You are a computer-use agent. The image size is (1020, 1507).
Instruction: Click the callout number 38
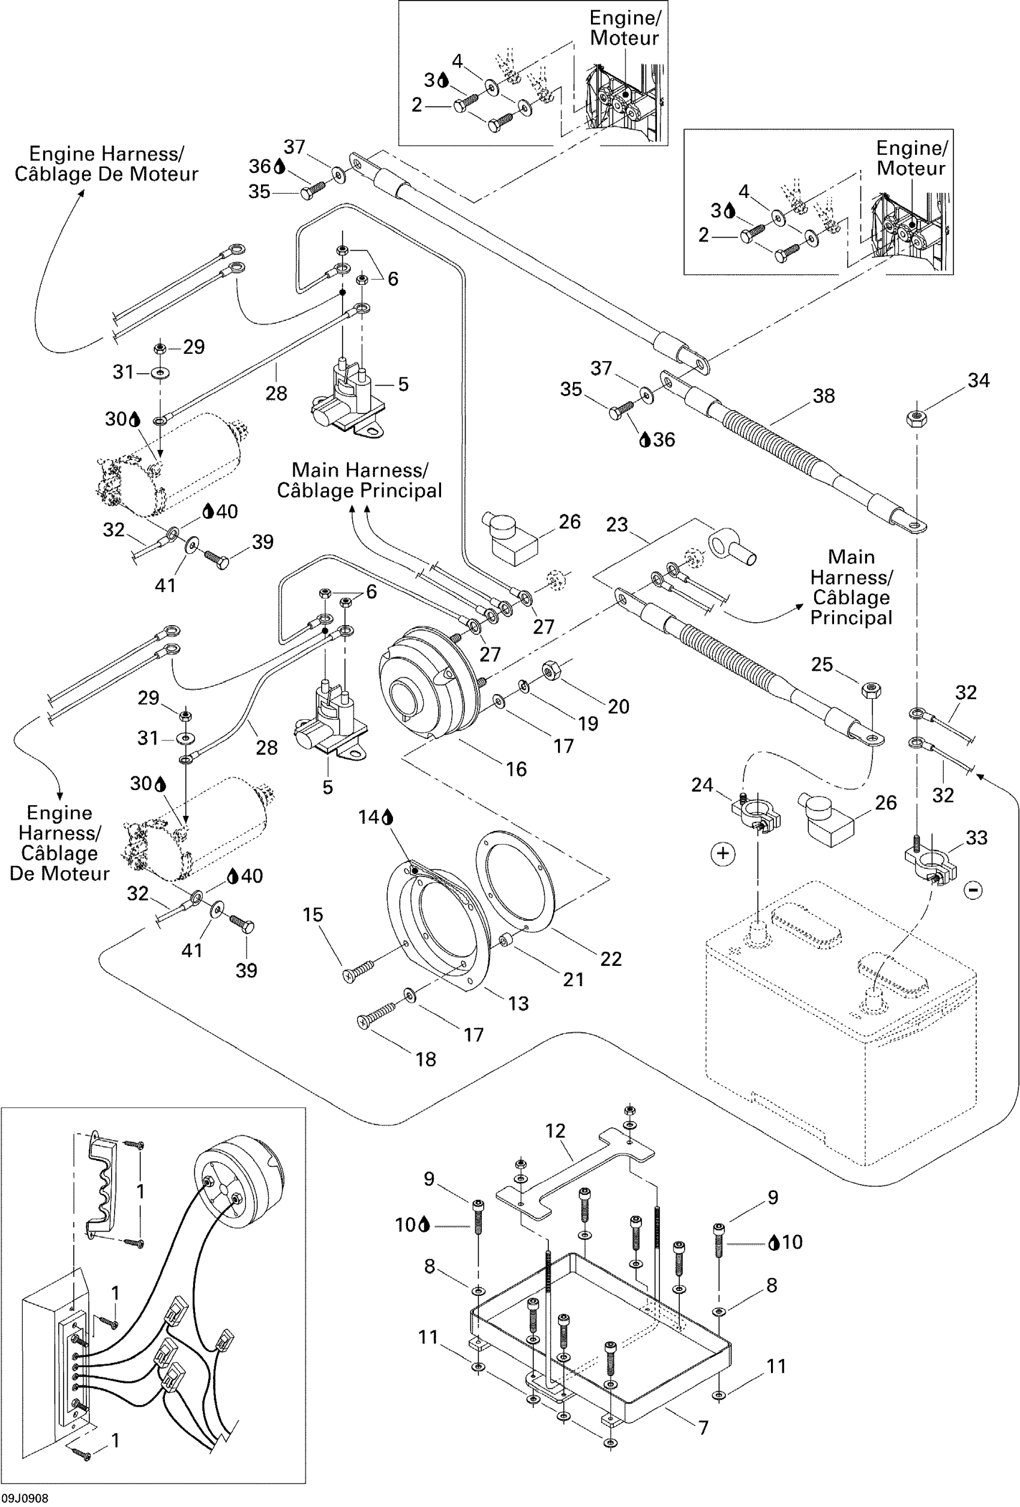(824, 396)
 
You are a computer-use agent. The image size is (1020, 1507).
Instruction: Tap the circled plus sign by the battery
(723, 853)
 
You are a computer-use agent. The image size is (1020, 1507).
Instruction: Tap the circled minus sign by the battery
(973, 890)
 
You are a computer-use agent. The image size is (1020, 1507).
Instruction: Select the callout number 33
(977, 838)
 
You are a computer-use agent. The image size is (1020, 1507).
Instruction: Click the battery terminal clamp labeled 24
(755, 811)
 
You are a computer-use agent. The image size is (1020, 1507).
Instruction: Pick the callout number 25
(821, 665)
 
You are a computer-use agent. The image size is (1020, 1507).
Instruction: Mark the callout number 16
(516, 769)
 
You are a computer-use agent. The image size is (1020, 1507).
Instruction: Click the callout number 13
(518, 1004)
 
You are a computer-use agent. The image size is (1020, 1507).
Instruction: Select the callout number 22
(611, 959)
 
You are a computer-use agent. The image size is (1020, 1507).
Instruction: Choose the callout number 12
(555, 1131)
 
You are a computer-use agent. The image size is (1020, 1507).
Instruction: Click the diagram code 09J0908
(24, 1499)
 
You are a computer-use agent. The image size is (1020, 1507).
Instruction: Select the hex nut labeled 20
(551, 670)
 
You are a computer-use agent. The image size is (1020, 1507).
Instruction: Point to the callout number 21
(573, 980)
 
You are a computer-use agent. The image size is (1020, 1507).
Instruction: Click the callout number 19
(587, 724)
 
